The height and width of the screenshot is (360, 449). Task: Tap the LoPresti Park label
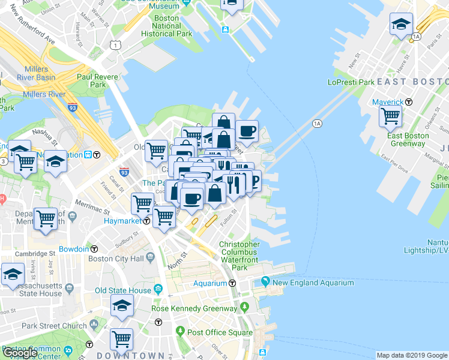point(351,82)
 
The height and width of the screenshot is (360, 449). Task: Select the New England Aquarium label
point(304,283)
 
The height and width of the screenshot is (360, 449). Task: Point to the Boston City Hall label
point(116,259)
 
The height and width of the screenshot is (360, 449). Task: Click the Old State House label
point(123,290)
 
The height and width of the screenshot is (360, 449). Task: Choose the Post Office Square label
point(219,332)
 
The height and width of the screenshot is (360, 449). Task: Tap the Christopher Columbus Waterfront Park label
point(239,252)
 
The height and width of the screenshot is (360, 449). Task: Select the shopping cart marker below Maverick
point(391,115)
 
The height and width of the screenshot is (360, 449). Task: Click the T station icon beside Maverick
point(409,102)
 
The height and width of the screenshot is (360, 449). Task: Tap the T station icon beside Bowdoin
point(94,248)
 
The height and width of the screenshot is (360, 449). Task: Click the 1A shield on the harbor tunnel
point(317,124)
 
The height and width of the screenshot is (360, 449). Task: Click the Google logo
point(20,353)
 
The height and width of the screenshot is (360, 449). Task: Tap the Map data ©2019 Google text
point(411,355)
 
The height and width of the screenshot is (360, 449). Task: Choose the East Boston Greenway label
point(408,140)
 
